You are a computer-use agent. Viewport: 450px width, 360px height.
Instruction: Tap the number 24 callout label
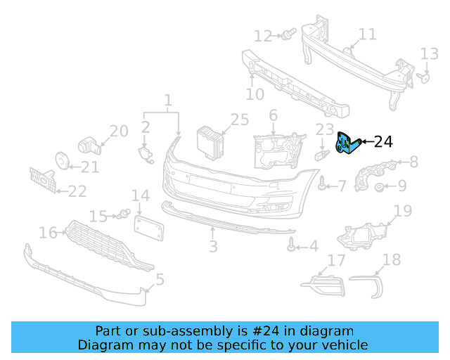pyautogui.click(x=382, y=142)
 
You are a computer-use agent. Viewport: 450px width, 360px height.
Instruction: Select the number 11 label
pyautogui.click(x=367, y=34)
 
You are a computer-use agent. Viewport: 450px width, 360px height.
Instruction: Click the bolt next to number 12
pyautogui.click(x=286, y=34)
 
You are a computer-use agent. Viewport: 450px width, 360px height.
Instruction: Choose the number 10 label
pyautogui.click(x=255, y=94)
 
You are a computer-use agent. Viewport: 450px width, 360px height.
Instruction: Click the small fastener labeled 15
pyautogui.click(x=124, y=213)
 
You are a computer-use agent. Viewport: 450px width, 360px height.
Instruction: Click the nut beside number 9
pyautogui.click(x=380, y=186)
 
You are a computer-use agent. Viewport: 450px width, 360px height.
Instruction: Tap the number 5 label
pyautogui.click(x=160, y=279)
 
